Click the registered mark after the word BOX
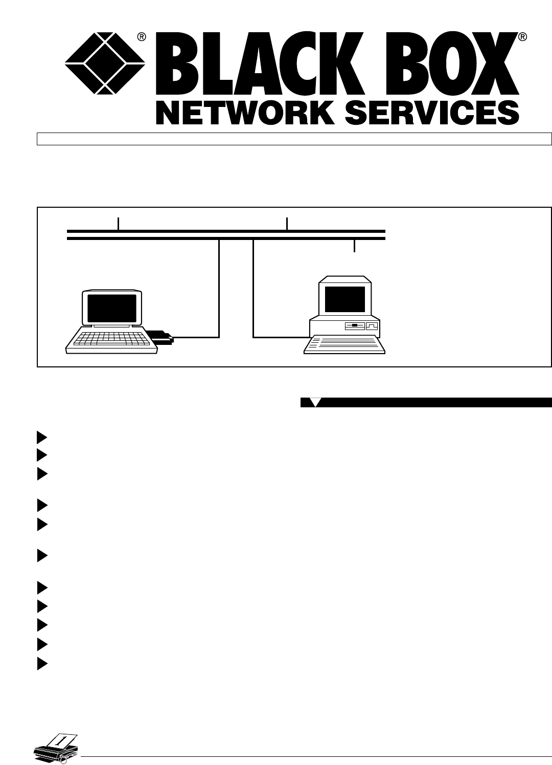pyautogui.click(x=522, y=37)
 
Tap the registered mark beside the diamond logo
pyautogui.click(x=142, y=36)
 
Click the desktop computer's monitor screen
pyautogui.click(x=345, y=299)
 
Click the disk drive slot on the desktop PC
pyautogui.click(x=354, y=325)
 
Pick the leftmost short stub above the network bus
pyautogui.click(x=118, y=224)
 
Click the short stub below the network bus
pyautogui.click(x=354, y=246)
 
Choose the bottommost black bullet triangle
pyautogui.click(x=42, y=664)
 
